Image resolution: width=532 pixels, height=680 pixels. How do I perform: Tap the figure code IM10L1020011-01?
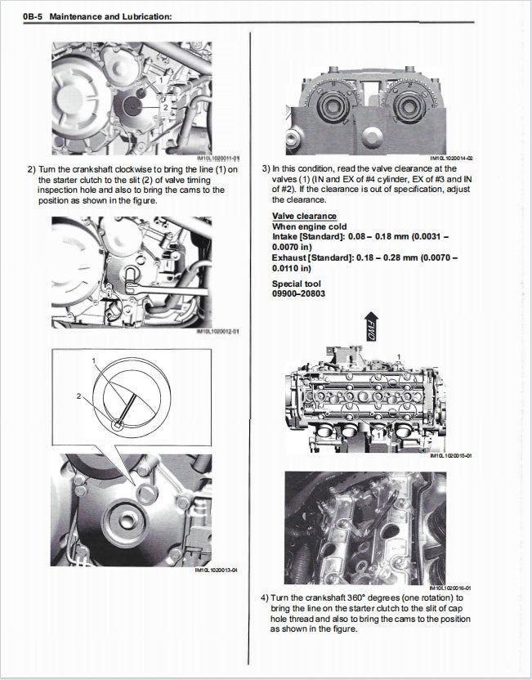coord(218,159)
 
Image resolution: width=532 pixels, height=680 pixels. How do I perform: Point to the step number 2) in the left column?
coord(32,170)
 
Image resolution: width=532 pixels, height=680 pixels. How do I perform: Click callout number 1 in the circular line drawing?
coord(94,360)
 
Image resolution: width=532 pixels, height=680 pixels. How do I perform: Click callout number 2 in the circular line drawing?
coord(79,396)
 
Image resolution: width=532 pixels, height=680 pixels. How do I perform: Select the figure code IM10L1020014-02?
coord(451,159)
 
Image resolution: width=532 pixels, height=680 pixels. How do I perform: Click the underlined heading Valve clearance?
coord(303,216)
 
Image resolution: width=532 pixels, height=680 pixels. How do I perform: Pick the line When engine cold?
coord(309,226)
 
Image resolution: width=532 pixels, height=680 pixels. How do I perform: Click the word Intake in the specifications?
coord(285,235)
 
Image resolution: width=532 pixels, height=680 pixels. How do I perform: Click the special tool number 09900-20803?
coord(298,293)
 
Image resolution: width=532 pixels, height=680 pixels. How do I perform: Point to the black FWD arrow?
coord(370,329)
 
